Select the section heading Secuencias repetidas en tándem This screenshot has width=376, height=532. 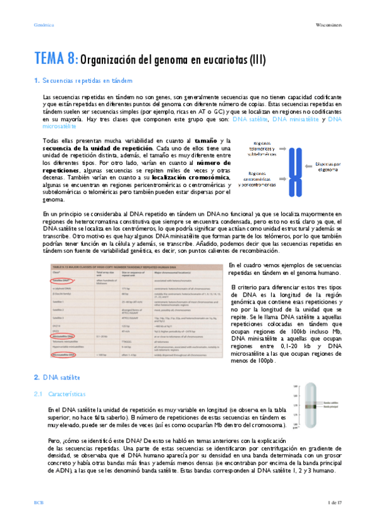click(87, 81)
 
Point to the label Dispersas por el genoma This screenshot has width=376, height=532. click(329, 166)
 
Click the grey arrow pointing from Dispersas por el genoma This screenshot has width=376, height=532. click(309, 166)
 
